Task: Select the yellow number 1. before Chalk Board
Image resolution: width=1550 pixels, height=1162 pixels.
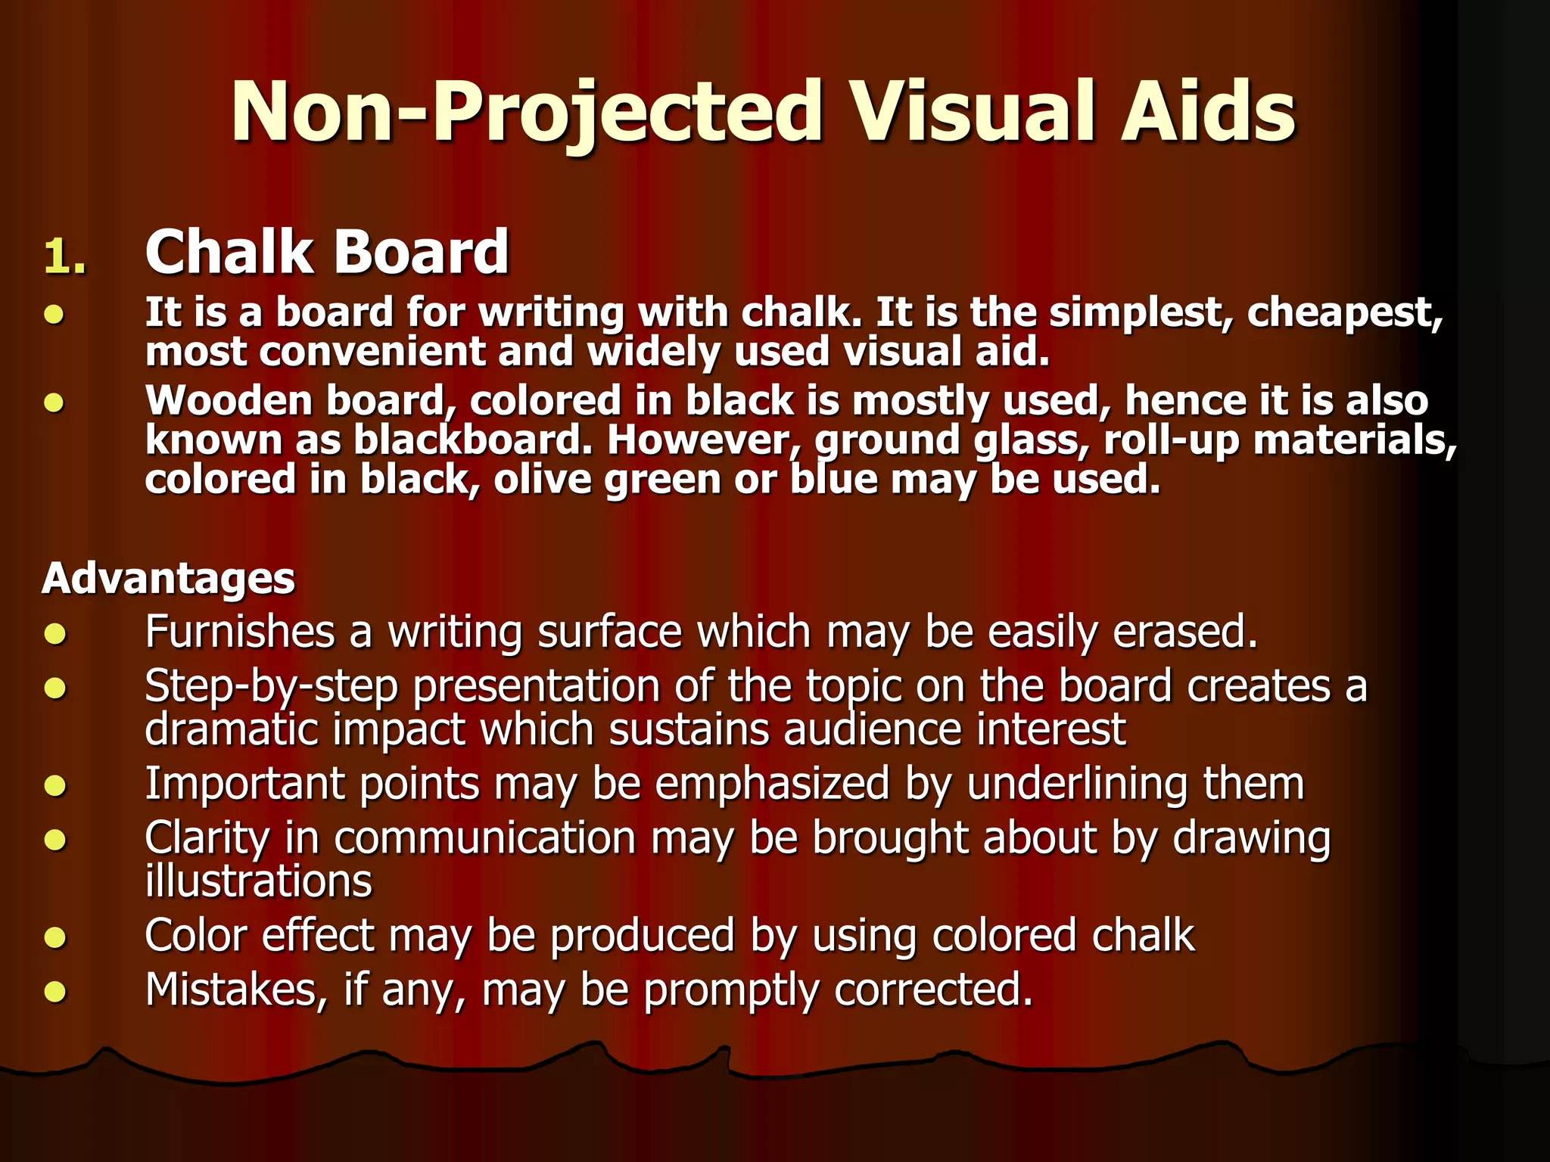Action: coord(65,257)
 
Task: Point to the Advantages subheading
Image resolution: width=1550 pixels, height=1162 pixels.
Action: coord(168,579)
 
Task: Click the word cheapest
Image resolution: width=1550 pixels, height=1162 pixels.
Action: coord(1344,312)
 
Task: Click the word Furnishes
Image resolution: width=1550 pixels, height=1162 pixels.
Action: coord(239,632)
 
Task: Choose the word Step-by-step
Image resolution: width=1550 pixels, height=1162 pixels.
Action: coord(271,687)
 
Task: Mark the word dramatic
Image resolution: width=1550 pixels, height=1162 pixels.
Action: coord(232,730)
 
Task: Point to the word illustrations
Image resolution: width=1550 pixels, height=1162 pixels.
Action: coord(258,882)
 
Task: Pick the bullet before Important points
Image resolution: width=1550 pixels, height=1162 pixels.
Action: coord(55,786)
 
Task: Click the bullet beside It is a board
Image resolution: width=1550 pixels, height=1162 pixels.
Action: coord(55,314)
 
